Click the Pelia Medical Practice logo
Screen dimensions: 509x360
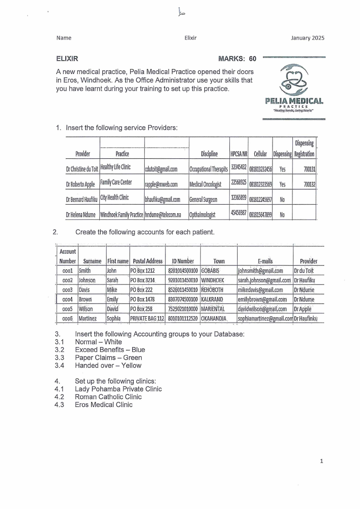(x=294, y=89)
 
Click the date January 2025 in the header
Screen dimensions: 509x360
(x=308, y=38)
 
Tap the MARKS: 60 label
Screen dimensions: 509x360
(x=237, y=59)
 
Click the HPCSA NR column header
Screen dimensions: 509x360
(x=238, y=154)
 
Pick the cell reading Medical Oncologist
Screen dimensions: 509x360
(x=205, y=185)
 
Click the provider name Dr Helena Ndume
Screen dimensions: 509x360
(x=81, y=214)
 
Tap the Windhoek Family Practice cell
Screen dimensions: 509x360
(x=122, y=214)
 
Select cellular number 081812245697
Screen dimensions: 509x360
(x=260, y=199)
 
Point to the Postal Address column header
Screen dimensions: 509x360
(x=147, y=261)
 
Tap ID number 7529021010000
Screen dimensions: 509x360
(x=183, y=309)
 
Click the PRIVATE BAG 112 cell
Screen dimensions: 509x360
(x=147, y=319)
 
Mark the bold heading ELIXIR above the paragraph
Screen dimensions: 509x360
(x=67, y=59)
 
